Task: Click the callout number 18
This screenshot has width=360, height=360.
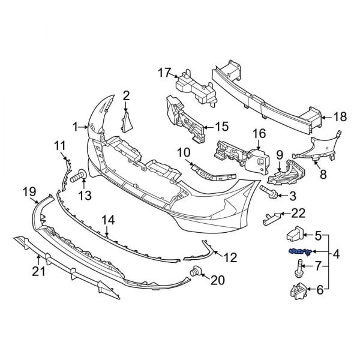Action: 340,118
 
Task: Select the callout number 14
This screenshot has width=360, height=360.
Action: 107,220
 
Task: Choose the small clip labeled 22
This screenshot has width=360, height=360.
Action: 271,217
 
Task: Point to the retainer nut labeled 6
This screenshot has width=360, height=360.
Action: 296,292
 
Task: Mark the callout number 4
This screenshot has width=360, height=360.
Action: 335,254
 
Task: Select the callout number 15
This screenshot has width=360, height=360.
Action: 221,127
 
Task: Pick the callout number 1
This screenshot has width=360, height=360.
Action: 76,127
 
